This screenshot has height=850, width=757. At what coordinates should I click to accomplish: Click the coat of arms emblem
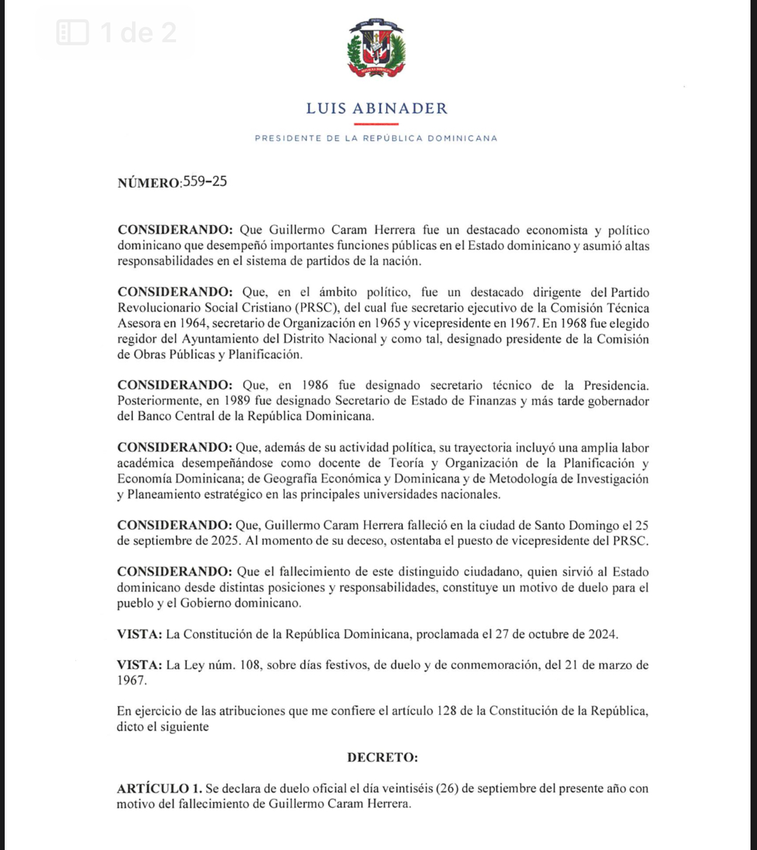[376, 48]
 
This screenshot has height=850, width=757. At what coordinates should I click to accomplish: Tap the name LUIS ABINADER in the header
[377, 109]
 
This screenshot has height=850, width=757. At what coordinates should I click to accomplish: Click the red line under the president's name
[376, 124]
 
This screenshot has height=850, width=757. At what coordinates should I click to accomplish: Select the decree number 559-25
[205, 181]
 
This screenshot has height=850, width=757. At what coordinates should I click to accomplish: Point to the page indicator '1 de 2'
[138, 32]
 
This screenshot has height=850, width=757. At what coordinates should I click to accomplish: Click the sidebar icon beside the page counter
[73, 32]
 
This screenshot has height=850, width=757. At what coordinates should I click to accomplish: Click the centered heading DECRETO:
[383, 757]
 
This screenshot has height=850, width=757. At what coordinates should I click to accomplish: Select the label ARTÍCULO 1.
[160, 788]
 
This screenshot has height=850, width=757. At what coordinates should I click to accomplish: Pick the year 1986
[315, 385]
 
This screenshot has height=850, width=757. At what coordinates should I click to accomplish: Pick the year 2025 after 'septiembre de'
[225, 541]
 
